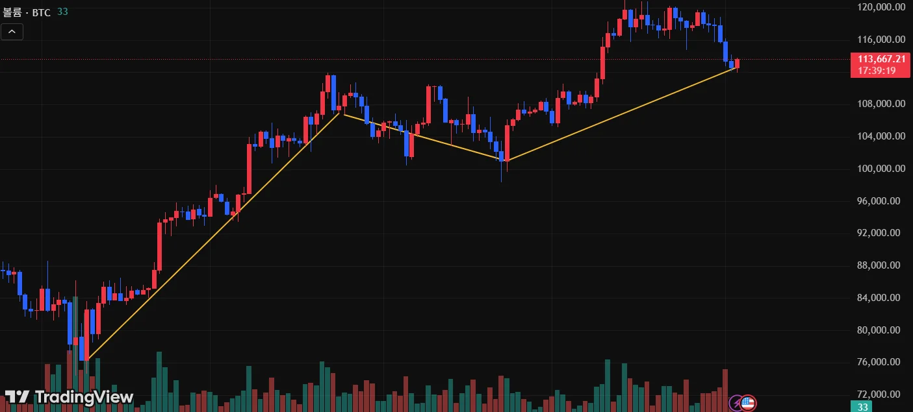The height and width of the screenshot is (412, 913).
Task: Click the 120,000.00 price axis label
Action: click(881, 7)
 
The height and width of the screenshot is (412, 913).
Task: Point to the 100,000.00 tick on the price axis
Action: click(881, 169)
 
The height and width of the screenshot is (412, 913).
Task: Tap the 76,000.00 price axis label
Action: click(881, 362)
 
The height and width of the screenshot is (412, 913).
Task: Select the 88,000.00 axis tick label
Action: click(881, 265)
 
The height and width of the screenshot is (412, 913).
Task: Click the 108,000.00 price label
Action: click(881, 104)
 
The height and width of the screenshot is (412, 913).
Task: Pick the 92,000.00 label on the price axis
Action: click(881, 233)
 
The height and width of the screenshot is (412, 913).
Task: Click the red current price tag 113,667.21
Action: click(881, 59)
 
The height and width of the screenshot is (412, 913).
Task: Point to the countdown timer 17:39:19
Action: click(877, 71)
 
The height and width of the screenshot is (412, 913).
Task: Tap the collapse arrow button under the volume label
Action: click(12, 31)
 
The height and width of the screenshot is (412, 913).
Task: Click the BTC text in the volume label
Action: click(42, 12)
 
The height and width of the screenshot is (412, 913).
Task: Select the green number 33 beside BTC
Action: click(62, 12)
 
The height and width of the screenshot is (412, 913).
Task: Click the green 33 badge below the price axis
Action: click(862, 407)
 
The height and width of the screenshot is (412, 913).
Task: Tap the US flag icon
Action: click(749, 403)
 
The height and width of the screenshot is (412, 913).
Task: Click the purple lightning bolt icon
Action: click(736, 403)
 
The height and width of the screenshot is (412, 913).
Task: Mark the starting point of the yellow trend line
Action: click(87, 359)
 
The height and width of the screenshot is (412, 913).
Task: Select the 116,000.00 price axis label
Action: click(881, 40)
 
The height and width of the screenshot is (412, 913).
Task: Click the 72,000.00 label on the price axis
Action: click(881, 394)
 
